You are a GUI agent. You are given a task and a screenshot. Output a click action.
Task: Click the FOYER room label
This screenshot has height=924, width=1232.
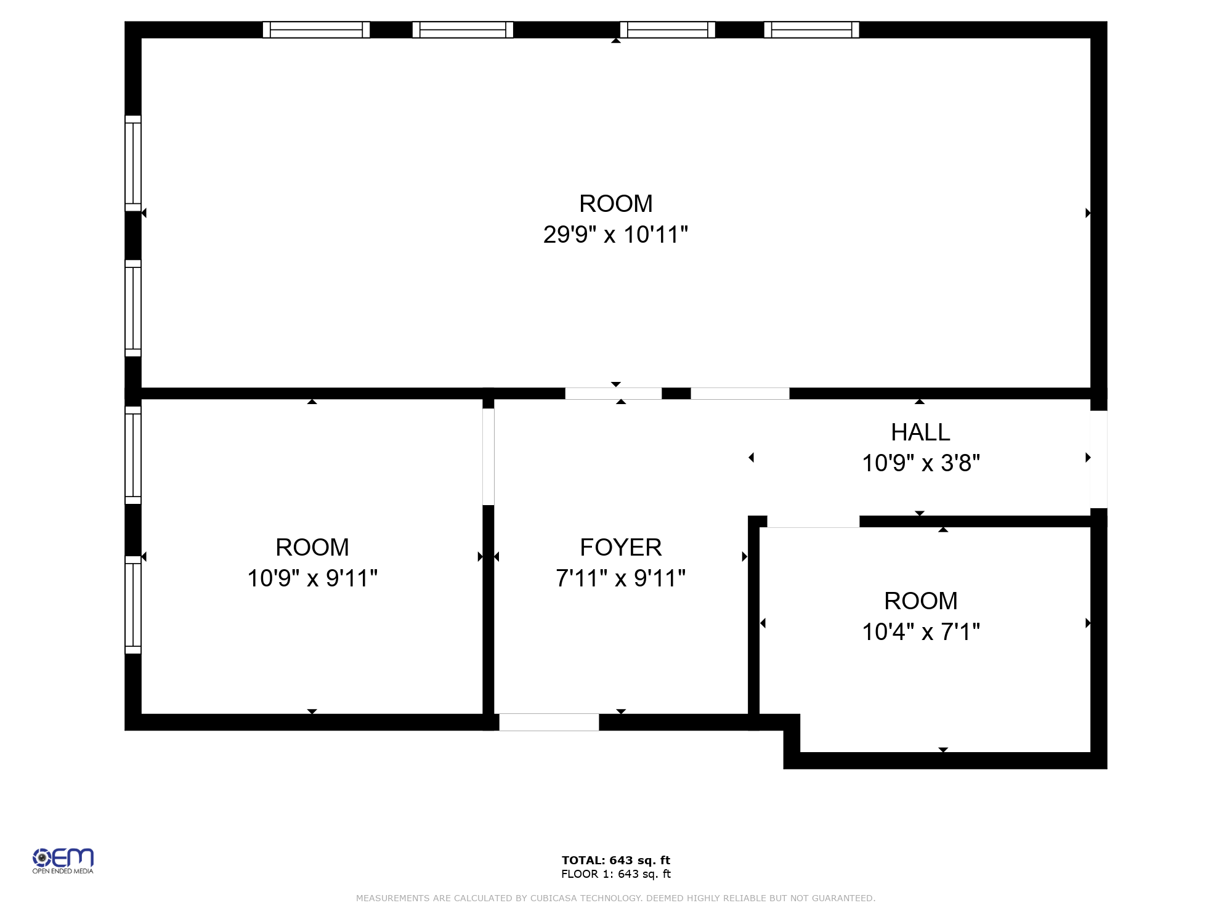620,547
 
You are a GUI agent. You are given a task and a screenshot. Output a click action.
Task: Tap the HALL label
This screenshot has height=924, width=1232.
920,432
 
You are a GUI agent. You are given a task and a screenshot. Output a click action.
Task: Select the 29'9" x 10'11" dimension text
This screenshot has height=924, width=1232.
615,235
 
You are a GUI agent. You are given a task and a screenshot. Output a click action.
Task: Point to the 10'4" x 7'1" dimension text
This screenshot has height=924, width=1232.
920,632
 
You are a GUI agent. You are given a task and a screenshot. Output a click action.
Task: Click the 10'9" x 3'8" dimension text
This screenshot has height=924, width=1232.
920,463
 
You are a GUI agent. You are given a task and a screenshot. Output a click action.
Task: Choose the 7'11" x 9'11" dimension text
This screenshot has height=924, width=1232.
620,578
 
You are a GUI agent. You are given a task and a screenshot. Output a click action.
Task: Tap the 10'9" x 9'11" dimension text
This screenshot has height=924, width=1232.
312,578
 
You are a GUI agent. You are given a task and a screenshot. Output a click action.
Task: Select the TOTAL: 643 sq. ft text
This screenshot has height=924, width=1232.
615,861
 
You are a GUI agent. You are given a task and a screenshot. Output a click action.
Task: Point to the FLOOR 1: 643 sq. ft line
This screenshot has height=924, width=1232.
615,874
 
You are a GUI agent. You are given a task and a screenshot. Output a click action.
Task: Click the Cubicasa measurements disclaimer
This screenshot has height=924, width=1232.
615,898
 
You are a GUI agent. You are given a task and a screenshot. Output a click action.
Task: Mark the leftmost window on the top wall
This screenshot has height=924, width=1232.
316,30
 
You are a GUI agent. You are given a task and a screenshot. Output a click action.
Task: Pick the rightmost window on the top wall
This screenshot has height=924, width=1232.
811,30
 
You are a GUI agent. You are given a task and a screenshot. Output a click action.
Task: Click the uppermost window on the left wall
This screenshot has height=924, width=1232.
133,163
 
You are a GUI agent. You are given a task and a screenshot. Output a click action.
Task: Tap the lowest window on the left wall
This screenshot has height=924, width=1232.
133,605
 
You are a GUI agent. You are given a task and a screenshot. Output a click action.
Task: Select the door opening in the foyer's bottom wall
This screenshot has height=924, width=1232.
549,722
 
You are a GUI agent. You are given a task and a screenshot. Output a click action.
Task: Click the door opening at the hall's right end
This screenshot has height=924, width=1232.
1098,459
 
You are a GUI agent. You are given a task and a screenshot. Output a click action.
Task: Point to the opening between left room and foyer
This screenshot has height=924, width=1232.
488,456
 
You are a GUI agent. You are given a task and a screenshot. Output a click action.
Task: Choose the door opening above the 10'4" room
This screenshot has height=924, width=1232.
813,522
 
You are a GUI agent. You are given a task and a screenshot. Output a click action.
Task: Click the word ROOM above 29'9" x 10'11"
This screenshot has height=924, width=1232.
615,203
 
